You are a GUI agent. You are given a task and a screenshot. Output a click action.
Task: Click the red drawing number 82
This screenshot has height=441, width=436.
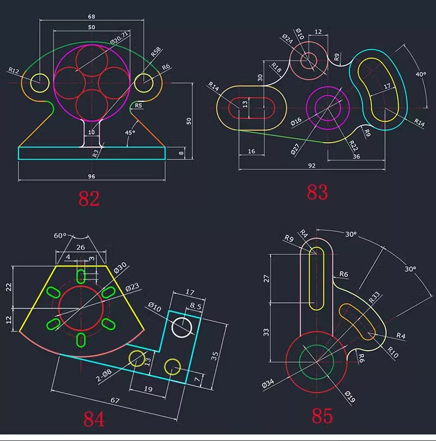[x=89, y=198]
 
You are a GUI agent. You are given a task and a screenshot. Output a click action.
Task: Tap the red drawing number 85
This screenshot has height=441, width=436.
[x=322, y=416]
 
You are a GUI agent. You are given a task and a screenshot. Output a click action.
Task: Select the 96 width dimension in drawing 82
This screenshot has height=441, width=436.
[x=92, y=175]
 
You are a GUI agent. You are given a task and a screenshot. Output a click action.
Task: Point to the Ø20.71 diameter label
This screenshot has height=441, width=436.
[x=119, y=38]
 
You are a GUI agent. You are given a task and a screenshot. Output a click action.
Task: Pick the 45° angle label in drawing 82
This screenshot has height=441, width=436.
[x=130, y=132]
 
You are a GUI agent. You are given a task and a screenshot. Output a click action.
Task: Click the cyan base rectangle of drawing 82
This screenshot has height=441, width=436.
[x=92, y=153]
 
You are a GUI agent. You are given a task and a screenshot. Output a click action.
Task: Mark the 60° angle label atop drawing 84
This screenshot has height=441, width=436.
[x=59, y=236]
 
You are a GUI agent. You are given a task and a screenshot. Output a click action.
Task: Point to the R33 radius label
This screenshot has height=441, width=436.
[x=374, y=298]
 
